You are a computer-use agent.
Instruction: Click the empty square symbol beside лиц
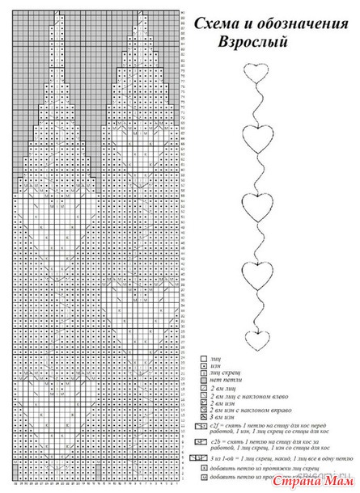coord(201,356)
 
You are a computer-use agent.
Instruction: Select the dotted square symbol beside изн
coord(201,365)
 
